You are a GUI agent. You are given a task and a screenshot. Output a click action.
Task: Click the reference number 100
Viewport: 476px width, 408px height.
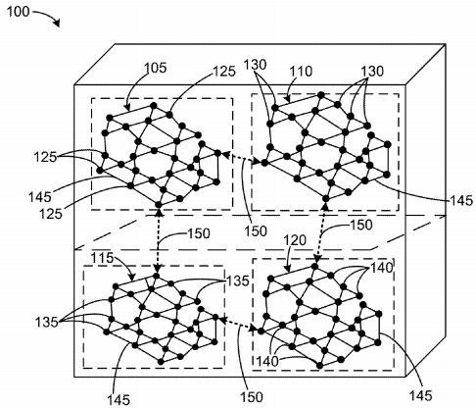tap(19, 12)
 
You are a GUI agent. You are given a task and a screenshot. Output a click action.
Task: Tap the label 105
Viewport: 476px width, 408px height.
tap(156, 68)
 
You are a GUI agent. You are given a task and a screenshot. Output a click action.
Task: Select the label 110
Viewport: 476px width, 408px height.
tap(302, 71)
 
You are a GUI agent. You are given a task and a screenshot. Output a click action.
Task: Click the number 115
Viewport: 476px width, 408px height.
tap(102, 258)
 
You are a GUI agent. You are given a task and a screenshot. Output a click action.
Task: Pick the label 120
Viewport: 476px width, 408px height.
tap(295, 240)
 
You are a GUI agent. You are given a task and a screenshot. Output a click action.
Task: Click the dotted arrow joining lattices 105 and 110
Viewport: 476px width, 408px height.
tap(241, 157)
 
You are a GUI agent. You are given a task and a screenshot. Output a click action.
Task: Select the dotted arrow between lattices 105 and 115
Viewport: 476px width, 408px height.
tap(159, 240)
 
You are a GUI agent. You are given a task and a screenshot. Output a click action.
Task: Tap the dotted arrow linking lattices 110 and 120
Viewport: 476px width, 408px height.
tap(321, 232)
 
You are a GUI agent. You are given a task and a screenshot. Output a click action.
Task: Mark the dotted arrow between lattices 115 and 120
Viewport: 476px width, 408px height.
tap(238, 323)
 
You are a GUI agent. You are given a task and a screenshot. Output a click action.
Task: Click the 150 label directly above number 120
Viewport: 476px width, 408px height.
tap(360, 225)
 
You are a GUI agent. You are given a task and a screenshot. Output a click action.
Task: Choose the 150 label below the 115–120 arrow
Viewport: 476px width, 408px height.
tap(252, 397)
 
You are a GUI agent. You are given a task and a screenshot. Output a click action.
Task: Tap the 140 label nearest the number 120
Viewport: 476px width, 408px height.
tap(381, 268)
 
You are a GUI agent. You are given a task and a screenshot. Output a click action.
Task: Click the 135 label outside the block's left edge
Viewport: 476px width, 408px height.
tap(46, 322)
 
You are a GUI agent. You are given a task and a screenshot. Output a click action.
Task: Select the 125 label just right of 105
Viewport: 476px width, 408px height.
tap(224, 72)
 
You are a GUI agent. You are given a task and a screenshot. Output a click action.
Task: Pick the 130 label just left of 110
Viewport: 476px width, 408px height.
tap(255, 65)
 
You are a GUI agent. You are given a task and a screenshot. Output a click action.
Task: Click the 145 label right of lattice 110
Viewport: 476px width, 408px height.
tap(461, 200)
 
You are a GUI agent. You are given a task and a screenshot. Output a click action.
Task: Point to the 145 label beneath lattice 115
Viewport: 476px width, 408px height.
tap(119, 399)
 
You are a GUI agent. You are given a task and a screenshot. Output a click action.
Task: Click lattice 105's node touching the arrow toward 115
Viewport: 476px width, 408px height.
tap(159, 205)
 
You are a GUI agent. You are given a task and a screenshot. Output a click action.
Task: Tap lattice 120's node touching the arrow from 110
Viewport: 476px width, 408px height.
tap(314, 267)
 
